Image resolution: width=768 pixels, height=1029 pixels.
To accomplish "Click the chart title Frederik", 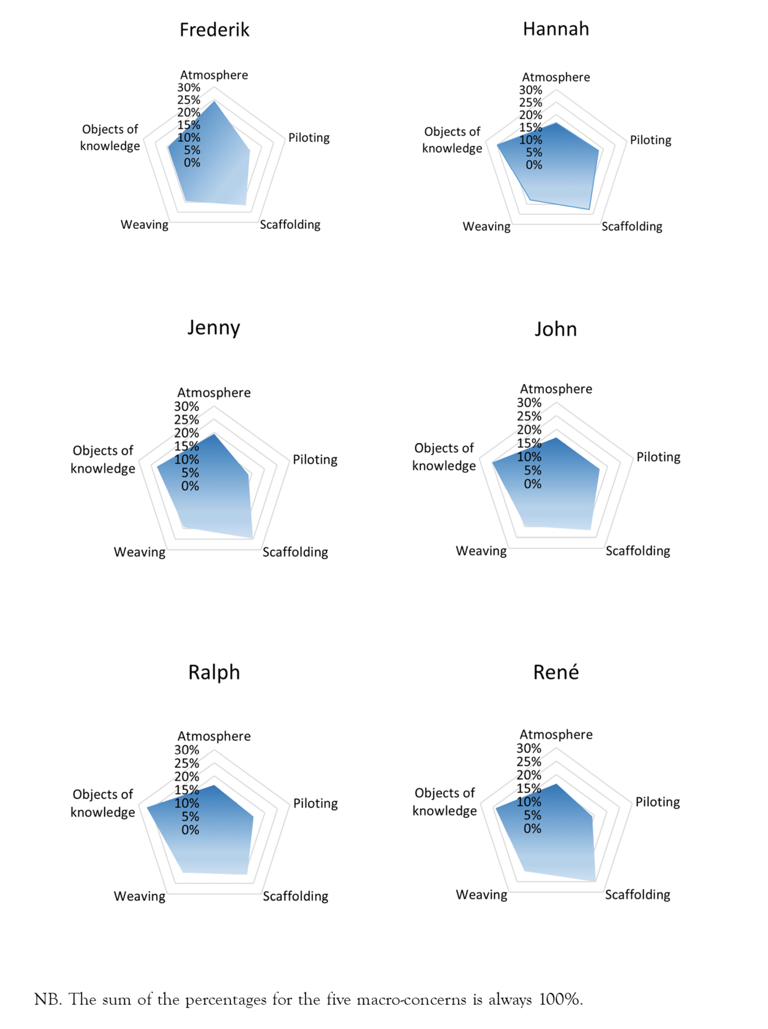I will (214, 30).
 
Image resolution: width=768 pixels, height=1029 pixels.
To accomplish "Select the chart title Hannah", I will (556, 29).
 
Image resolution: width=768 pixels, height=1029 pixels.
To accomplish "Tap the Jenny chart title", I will (214, 328).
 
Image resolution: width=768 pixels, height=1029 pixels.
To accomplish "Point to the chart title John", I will (555, 329).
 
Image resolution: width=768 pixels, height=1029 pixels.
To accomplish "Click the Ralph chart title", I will (214, 673).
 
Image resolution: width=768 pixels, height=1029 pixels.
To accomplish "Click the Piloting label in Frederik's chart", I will (309, 138).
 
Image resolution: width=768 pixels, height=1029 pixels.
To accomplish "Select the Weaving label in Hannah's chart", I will (487, 227).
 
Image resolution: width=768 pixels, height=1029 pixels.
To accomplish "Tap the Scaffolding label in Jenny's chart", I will (295, 552).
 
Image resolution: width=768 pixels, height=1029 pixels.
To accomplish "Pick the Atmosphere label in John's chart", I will (556, 389).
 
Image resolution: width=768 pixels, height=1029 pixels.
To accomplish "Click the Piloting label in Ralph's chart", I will (315, 803).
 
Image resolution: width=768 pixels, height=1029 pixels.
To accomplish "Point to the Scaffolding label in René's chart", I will (637, 895).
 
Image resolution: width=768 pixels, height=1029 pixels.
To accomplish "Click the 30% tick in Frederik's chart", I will (189, 88).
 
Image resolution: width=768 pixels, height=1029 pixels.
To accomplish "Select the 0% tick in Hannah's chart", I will (534, 165).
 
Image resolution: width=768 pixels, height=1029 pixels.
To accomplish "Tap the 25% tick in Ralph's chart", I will (186, 763).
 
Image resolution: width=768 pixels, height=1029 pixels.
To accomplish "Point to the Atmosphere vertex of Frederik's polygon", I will (214, 101).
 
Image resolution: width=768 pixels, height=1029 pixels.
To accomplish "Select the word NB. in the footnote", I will (48, 999).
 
